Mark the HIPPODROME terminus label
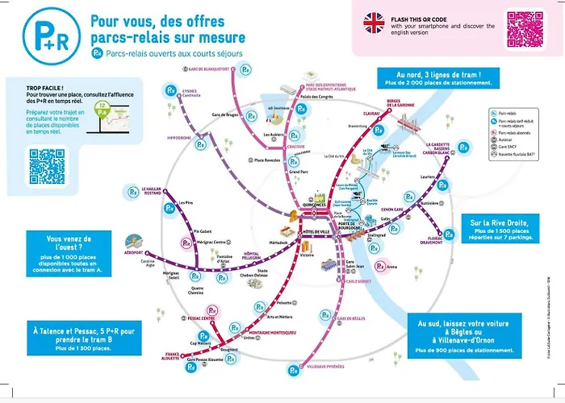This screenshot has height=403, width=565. point(180,138)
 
